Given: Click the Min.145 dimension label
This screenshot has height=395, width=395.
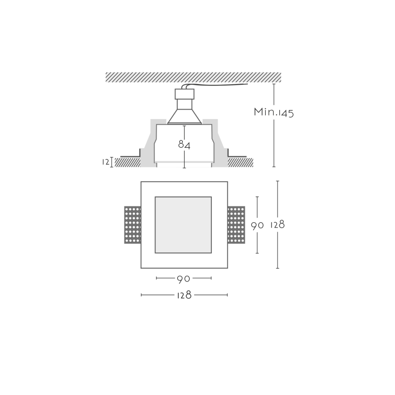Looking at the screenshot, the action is (274, 113).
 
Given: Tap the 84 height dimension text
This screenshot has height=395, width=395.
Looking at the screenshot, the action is (184, 145).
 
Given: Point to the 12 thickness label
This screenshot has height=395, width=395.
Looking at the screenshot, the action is (106, 162).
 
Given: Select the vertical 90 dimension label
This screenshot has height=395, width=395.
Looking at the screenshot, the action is (257, 226).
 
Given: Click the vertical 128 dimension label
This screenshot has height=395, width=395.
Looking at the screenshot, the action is (277, 225).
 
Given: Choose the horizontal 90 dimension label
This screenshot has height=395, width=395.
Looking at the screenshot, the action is (183, 279).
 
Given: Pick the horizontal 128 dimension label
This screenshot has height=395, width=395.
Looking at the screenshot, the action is (184, 295).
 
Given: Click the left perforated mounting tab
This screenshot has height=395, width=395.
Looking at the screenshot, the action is (132, 225).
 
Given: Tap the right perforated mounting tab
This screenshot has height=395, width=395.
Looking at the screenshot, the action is (237, 225).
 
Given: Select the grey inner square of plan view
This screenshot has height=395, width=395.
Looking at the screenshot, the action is (183, 225).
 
